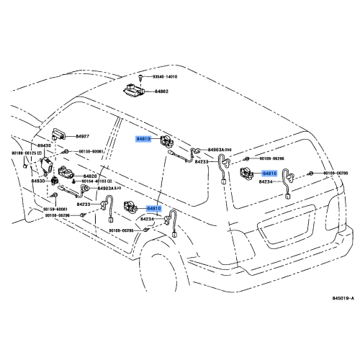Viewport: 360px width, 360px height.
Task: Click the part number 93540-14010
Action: pos(164,76)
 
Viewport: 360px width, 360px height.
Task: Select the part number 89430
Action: pos(45,145)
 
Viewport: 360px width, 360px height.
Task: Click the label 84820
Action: pos(90,176)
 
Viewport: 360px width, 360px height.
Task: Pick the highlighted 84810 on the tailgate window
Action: pos(269,174)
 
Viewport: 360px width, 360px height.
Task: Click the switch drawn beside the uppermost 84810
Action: pos(166,141)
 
